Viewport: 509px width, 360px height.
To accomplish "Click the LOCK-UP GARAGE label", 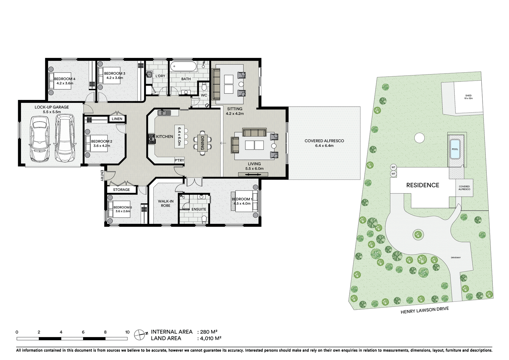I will click(52, 107).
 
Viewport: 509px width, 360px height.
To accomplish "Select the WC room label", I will click(204, 95).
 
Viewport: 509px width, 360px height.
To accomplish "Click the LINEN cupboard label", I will click(117, 119).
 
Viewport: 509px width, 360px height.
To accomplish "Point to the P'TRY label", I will click(179, 160).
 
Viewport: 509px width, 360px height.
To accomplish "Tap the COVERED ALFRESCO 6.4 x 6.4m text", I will click(324, 143).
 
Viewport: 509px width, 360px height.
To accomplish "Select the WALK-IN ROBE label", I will click(165, 203).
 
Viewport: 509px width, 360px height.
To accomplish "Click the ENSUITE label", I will click(199, 209).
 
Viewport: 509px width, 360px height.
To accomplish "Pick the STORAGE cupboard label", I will click(121, 190).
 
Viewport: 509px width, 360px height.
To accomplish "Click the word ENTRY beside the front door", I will click(102, 176).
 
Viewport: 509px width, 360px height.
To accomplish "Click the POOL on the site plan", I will click(455, 149).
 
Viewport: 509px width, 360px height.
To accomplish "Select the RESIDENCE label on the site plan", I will click(422, 185).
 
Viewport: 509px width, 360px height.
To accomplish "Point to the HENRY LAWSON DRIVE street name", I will click(424, 310).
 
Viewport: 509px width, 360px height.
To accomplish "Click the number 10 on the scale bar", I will click(127, 332).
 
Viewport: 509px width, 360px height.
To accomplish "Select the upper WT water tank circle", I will click(394, 167).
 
